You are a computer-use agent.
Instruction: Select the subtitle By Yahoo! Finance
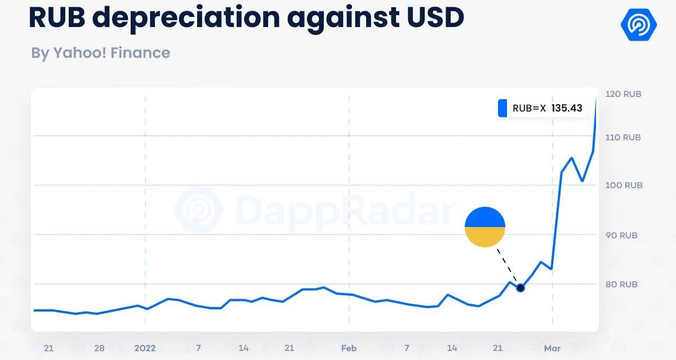[100, 53]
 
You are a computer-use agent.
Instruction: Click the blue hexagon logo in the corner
[638, 24]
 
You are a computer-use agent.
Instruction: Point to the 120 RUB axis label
[623, 94]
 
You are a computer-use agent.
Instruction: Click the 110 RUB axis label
[623, 137]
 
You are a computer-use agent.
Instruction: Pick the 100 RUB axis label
[623, 185]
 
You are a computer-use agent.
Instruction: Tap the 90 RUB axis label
[621, 235]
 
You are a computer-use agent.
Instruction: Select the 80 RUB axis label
[621, 285]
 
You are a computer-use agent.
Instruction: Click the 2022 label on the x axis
[145, 348]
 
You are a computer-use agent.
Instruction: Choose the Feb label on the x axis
[349, 348]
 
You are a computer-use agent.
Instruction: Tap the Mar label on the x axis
[552, 348]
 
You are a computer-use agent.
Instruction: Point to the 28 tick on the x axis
[99, 348]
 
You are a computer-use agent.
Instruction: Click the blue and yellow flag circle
[485, 227]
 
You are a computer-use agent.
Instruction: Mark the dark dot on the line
[521, 288]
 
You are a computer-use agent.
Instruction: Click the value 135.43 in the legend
[567, 108]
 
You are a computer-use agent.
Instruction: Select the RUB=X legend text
[529, 108]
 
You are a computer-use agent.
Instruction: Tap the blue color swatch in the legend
[502, 108]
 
